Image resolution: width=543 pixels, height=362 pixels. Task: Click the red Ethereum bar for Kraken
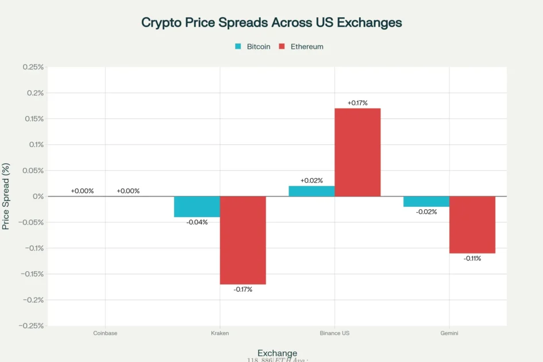[242, 240]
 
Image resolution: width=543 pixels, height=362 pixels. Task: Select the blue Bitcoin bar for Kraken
[197, 207]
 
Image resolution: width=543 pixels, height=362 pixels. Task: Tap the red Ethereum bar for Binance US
[357, 152]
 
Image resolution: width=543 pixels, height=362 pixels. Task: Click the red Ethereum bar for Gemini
[472, 225]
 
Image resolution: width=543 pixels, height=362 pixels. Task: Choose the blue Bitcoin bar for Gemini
[426, 202]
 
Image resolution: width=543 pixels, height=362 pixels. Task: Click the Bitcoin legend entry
[253, 47]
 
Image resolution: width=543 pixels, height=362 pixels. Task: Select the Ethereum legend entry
[301, 47]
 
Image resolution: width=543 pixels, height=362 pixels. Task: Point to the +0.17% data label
[357, 103]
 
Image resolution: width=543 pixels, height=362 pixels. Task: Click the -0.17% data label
[242, 290]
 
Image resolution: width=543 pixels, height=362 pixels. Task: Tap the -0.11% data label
[472, 259]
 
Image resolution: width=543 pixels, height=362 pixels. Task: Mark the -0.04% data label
[197, 222]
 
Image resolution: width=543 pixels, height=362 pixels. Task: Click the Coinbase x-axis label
[105, 333]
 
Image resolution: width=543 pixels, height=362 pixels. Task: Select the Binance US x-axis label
[334, 333]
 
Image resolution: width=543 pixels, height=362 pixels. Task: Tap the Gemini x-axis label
[449, 333]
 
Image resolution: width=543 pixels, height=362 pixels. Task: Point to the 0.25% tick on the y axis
[33, 67]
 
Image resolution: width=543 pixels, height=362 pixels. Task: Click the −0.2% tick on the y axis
[33, 300]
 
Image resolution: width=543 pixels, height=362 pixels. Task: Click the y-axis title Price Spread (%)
[6, 197]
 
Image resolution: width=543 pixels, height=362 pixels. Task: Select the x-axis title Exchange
[277, 353]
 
